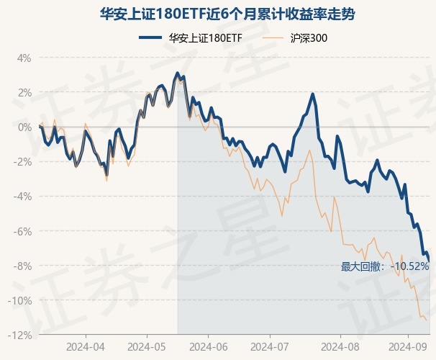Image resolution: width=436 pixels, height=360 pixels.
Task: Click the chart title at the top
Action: [217, 14]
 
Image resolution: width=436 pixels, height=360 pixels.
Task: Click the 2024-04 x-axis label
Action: [86, 346]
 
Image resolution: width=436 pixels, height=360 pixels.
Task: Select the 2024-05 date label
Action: [147, 346]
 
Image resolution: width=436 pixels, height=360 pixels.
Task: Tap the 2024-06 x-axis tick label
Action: [208, 346]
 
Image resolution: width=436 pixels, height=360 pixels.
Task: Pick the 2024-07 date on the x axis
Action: [269, 346]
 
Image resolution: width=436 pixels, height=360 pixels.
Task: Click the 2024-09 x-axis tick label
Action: [407, 346]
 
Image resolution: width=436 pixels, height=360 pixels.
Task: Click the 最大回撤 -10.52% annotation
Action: [385, 266]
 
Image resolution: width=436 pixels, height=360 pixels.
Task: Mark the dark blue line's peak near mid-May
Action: [177, 73]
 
